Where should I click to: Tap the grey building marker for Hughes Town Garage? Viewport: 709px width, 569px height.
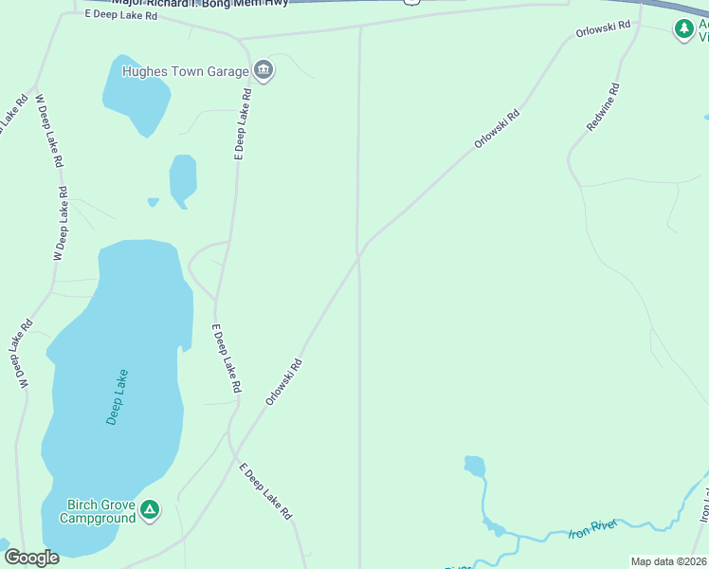pyautogui.click(x=263, y=70)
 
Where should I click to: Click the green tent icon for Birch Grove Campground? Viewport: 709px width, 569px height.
pyautogui.click(x=149, y=510)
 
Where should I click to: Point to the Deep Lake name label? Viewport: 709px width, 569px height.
pyautogui.click(x=117, y=396)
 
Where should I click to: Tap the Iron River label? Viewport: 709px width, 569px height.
pyautogui.click(x=592, y=528)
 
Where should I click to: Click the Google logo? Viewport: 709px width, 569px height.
pyautogui.click(x=31, y=558)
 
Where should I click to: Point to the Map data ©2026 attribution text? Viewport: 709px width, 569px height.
pyautogui.click(x=669, y=561)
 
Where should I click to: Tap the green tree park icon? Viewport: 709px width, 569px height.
pyautogui.click(x=683, y=29)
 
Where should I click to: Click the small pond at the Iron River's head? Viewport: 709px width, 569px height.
pyautogui.click(x=475, y=466)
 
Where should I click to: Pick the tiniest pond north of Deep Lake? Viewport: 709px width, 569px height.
pyautogui.click(x=153, y=201)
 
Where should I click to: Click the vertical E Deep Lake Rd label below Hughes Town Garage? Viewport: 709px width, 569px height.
pyautogui.click(x=241, y=124)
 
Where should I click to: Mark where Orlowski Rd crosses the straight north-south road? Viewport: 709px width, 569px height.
pyautogui.click(x=359, y=256)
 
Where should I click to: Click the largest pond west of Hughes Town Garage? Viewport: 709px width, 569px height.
pyautogui.click(x=136, y=93)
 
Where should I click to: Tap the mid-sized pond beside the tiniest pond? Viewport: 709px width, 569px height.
pyautogui.click(x=182, y=179)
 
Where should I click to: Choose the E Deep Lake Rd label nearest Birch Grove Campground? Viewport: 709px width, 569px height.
pyautogui.click(x=265, y=490)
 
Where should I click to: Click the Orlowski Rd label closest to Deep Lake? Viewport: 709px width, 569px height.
pyautogui.click(x=282, y=382)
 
